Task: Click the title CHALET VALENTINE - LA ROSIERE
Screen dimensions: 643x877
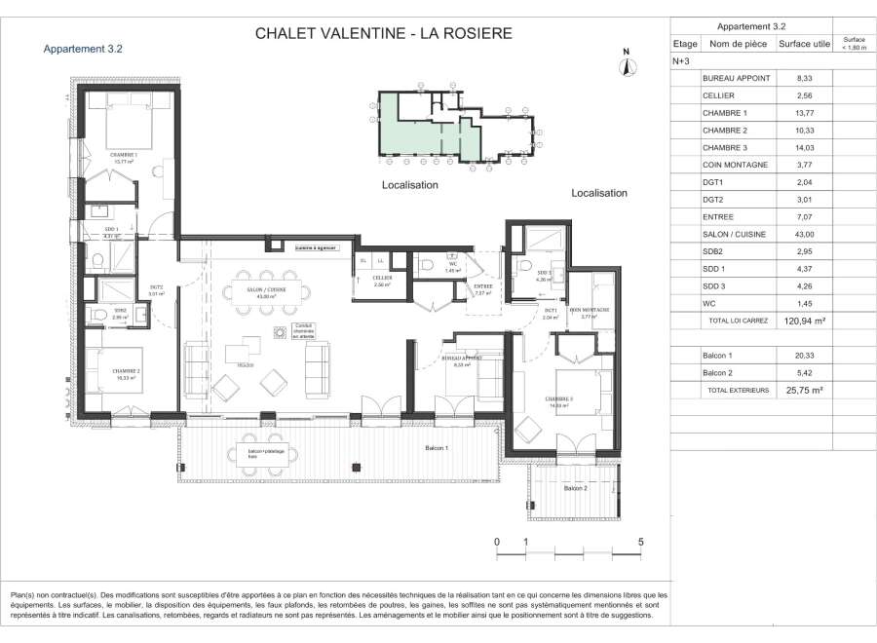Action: click(x=383, y=34)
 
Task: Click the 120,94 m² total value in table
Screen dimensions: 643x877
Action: click(x=804, y=320)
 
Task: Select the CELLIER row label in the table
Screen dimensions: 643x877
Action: click(x=718, y=95)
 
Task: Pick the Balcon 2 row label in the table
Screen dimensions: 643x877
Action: click(x=718, y=373)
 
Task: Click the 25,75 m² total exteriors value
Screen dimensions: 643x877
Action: click(x=804, y=390)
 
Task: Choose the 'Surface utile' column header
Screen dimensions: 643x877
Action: click(x=804, y=44)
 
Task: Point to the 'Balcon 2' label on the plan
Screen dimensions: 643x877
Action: click(x=574, y=487)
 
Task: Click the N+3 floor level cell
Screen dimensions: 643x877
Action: click(x=681, y=60)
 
